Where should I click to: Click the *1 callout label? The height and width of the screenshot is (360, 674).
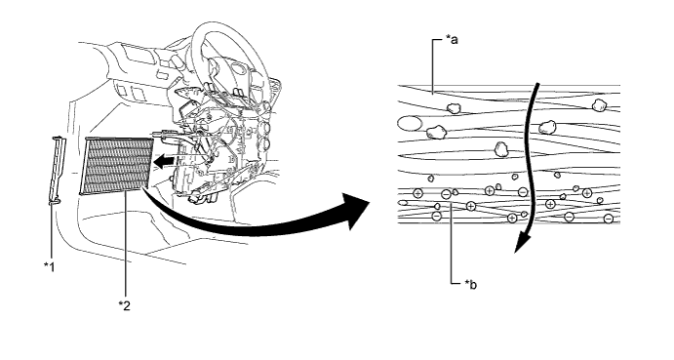pyautogui.click(x=50, y=267)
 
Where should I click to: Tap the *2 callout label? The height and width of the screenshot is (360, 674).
pyautogui.click(x=124, y=305)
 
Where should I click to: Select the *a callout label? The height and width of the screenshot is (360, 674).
pyautogui.click(x=452, y=40)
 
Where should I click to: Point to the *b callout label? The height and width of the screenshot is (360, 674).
pyautogui.click(x=470, y=284)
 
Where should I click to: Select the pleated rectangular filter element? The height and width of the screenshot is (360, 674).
pyautogui.click(x=117, y=166)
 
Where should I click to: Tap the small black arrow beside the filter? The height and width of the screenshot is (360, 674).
pyautogui.click(x=165, y=162)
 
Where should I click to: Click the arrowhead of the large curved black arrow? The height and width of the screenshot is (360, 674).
pyautogui.click(x=356, y=211)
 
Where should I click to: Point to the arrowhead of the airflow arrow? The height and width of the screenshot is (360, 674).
pyautogui.click(x=521, y=244)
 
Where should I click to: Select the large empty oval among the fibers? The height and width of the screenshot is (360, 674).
pyautogui.click(x=410, y=124)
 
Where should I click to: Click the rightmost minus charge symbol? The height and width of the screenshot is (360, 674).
pyautogui.click(x=609, y=219)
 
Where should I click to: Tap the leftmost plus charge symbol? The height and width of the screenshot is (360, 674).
pyautogui.click(x=417, y=193)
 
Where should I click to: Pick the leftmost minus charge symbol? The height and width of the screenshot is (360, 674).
pyautogui.click(x=436, y=216)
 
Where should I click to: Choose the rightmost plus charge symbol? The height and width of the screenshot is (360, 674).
pyautogui.click(x=587, y=193)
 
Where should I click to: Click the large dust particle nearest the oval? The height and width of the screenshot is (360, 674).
pyautogui.click(x=435, y=132)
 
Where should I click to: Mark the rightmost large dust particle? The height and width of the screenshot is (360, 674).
pyautogui.click(x=598, y=104)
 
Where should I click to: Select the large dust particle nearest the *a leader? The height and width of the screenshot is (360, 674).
pyautogui.click(x=453, y=108)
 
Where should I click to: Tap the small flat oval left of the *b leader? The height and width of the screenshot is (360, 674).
pyautogui.click(x=402, y=202)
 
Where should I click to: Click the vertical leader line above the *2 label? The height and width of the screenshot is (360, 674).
pyautogui.click(x=126, y=244)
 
